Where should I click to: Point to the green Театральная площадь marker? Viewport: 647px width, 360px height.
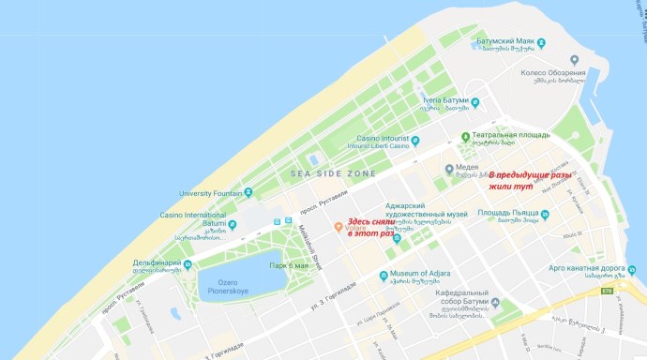(x=466, y=138)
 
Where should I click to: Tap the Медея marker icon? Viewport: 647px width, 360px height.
(x=424, y=170)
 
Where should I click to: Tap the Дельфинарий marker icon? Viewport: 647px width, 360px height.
(x=188, y=263)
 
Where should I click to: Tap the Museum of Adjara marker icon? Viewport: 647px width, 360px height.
(x=384, y=275)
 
